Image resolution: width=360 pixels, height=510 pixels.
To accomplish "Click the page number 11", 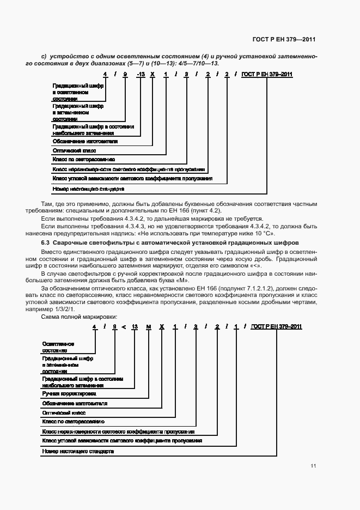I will (x=313, y=466).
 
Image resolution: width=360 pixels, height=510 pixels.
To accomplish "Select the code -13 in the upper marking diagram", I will (x=140, y=74).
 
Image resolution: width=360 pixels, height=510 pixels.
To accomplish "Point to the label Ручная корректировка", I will (x=69, y=393).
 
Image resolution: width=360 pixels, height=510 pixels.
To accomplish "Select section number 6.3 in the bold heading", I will (x=46, y=241).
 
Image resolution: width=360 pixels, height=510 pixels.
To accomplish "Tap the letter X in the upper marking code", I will (x=152, y=74).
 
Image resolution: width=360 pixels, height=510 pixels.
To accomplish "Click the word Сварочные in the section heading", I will (x=70, y=241).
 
